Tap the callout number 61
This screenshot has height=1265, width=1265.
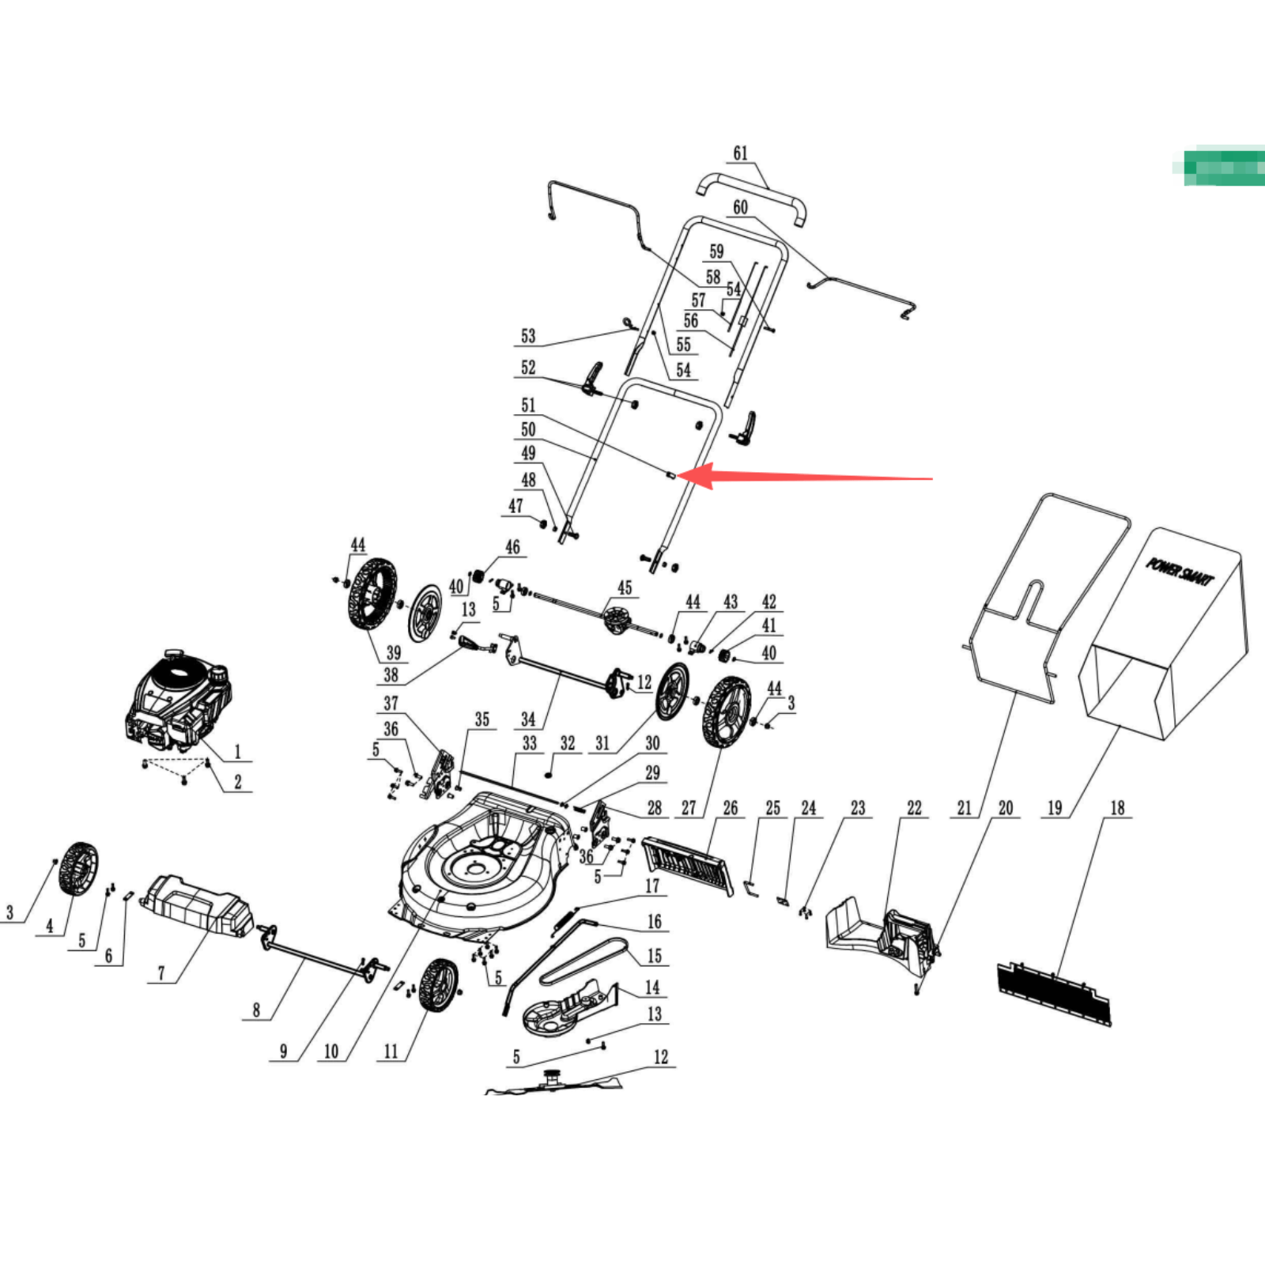(x=740, y=153)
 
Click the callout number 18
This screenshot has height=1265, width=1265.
(x=1117, y=808)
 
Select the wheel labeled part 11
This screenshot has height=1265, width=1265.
(x=437, y=984)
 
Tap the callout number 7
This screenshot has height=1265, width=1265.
(x=161, y=973)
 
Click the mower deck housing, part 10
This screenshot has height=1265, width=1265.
(x=482, y=870)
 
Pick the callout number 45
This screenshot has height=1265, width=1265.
(x=625, y=587)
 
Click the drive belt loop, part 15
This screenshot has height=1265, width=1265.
(x=585, y=961)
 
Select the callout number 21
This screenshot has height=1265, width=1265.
(x=964, y=808)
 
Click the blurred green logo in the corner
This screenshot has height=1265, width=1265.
(x=1223, y=166)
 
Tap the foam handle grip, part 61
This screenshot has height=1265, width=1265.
(x=751, y=194)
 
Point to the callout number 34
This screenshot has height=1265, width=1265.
(x=528, y=719)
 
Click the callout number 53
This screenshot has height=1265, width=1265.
(x=528, y=336)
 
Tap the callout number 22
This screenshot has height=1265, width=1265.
(x=914, y=808)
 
